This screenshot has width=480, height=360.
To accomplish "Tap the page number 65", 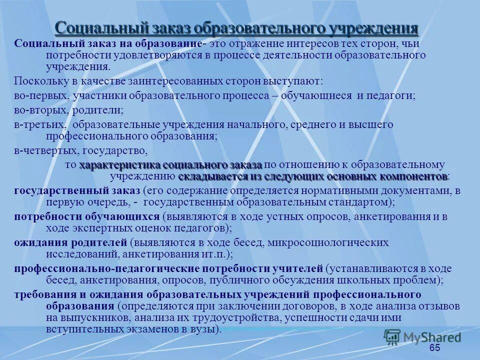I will (434, 348).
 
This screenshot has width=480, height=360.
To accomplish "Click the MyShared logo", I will (422, 336).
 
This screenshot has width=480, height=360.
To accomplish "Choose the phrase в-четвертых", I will (42, 149).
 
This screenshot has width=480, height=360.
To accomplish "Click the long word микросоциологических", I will (328, 243).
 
